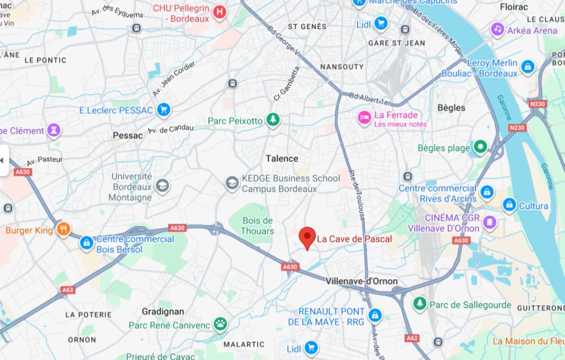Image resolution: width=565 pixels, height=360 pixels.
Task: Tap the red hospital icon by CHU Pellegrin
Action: coord(219,13)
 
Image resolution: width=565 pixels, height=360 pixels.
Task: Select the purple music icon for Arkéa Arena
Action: coord(498,30)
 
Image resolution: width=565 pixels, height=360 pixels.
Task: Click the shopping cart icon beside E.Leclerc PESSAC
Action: coord(164,110)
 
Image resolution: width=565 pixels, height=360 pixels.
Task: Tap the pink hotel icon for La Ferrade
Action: coord(364,118)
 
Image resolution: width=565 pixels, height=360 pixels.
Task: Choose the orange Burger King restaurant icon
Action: coord(63,229)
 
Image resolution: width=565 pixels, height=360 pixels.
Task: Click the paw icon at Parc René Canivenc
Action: coord(220,324)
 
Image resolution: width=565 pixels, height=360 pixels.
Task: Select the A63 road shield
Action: coord(67,290)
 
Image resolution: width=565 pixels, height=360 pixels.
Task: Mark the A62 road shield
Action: coord(412,338)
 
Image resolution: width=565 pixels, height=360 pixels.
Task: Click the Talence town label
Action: coord(282,158)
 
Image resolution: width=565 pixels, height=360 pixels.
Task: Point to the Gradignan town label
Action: coord(163,311)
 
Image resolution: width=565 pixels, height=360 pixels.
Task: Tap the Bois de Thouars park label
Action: coord(257,226)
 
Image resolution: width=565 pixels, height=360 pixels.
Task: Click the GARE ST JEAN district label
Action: coord(396,43)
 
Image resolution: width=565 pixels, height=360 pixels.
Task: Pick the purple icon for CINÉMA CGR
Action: coord(490,222)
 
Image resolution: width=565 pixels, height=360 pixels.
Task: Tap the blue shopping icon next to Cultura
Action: coord(509,205)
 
